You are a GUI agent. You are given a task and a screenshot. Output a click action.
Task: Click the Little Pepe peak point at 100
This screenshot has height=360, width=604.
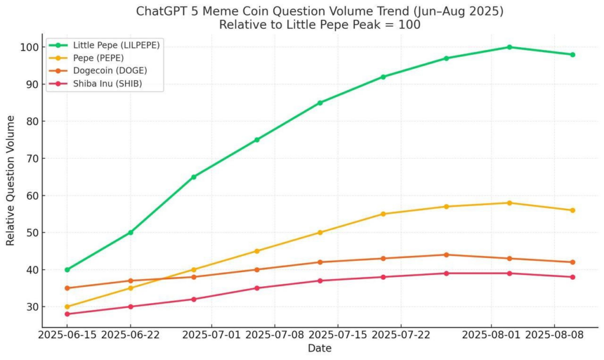[x=509, y=47]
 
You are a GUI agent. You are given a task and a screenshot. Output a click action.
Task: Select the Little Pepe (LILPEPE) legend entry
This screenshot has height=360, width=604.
[x=116, y=45]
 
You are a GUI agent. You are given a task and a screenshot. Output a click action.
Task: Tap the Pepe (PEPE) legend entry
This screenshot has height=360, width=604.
[x=97, y=58]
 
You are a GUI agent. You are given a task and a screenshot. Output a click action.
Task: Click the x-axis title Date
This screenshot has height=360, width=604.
[x=319, y=349]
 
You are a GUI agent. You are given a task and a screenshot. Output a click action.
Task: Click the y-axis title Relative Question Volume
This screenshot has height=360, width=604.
[x=11, y=181]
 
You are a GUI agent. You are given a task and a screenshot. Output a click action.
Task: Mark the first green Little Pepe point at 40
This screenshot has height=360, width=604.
[x=67, y=270]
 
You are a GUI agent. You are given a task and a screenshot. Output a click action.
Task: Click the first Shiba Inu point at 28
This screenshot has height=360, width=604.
[x=67, y=314]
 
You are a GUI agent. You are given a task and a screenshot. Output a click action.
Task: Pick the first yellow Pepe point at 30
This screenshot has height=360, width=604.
[x=67, y=307]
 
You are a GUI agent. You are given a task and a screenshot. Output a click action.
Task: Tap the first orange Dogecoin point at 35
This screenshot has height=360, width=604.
[x=67, y=288]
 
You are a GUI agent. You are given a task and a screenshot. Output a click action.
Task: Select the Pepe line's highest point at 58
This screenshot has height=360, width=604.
[x=509, y=203]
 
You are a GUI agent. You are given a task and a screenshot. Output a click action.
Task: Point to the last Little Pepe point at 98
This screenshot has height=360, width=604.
[x=572, y=55]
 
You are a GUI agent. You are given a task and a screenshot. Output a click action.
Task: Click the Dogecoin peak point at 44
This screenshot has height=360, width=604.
[x=446, y=255]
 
